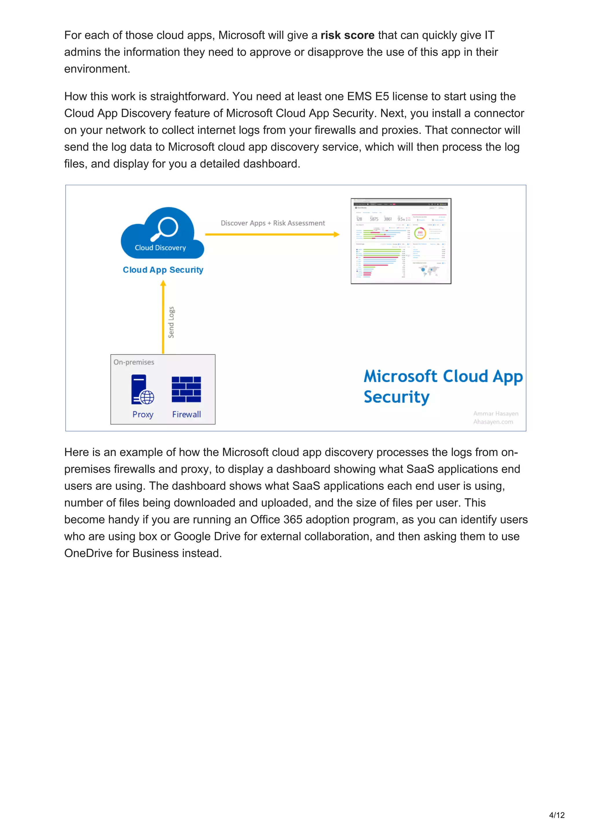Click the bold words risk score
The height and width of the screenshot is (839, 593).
pos(347,35)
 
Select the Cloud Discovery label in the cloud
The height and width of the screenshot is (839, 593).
pos(160,248)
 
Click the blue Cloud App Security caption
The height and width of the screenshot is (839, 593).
pos(163,270)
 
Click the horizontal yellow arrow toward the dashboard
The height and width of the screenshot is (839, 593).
pos(272,234)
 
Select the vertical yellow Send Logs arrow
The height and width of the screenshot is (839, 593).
pos(163,318)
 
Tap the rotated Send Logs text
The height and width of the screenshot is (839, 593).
pos(171,322)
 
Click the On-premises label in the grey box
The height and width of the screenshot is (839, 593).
pos(134,362)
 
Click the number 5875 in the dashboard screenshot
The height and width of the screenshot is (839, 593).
pos(374,219)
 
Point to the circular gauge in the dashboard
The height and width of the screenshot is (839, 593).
pos(420,233)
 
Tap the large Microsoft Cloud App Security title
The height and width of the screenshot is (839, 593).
pos(443,386)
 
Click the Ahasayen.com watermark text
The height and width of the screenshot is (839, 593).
pos(493,422)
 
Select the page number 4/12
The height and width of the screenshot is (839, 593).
pos(557,815)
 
